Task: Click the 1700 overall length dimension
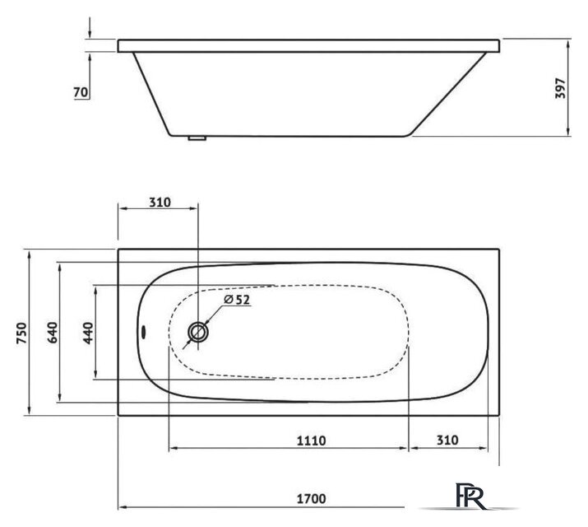click(311, 499)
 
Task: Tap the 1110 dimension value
click(311, 441)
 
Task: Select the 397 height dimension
click(560, 88)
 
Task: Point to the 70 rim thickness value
click(81, 92)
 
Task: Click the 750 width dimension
click(21, 333)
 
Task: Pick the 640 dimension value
click(53, 333)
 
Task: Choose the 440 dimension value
click(89, 333)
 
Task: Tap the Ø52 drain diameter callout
click(237, 300)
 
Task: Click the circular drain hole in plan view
click(198, 332)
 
